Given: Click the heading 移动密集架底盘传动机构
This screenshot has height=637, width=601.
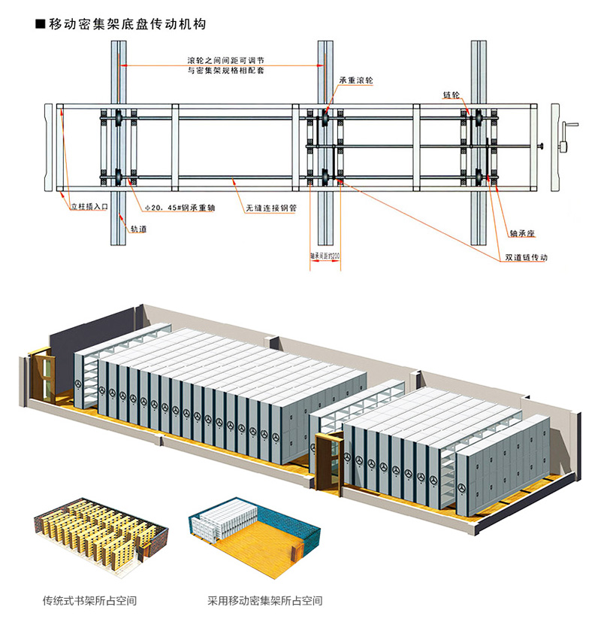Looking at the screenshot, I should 128,24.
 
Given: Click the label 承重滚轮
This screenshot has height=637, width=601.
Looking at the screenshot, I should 355,80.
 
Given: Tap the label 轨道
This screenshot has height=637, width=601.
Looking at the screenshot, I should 138,228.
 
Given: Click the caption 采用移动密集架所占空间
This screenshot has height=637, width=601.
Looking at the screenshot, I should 265,601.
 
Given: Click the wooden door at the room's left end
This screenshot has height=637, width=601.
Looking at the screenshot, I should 44,376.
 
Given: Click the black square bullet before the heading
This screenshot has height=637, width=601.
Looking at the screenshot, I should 41,25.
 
